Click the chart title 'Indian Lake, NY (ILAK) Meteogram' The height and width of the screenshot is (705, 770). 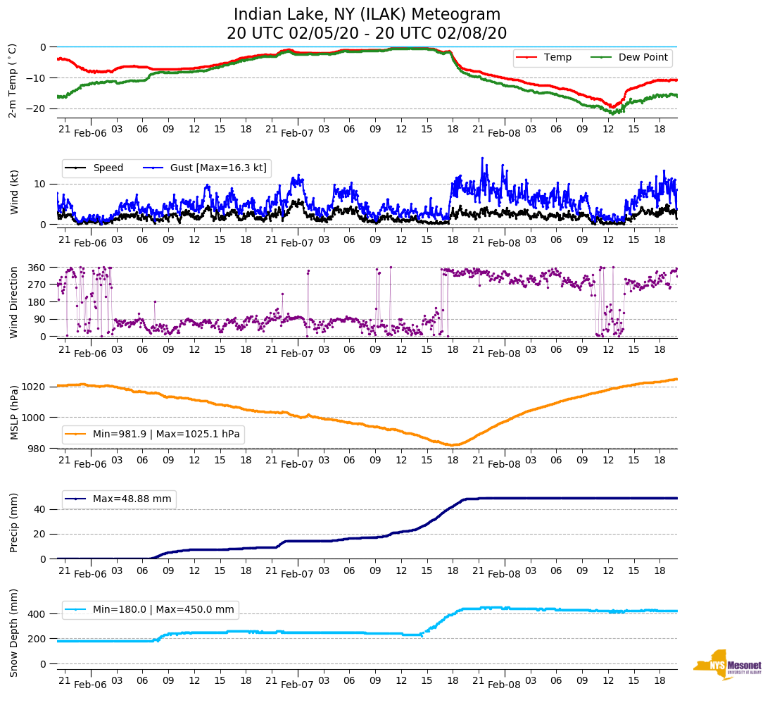pyautogui.click(x=367, y=15)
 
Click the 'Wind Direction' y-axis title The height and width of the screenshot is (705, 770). pyautogui.click(x=14, y=301)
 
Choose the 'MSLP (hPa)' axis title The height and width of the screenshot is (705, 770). pyautogui.click(x=14, y=412)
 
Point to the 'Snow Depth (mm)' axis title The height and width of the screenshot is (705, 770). pyautogui.click(x=14, y=632)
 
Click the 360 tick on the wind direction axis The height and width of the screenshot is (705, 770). pyautogui.click(x=37, y=268)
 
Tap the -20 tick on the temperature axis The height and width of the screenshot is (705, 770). pyautogui.click(x=37, y=108)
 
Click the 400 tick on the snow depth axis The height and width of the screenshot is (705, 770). pyautogui.click(x=37, y=614)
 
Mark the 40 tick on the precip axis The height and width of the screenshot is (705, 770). pyautogui.click(x=40, y=509)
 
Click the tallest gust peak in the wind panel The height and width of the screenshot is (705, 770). pyautogui.click(x=483, y=158)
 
